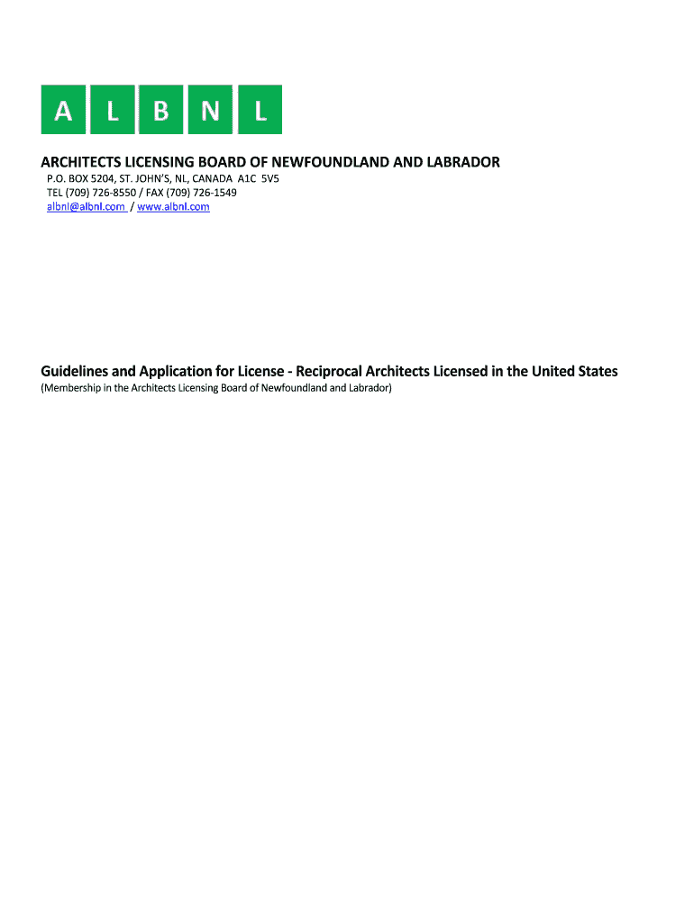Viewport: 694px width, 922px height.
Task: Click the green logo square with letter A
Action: pos(64,110)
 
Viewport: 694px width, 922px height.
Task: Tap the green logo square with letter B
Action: pos(161,110)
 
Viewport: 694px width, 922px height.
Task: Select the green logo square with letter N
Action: pos(210,110)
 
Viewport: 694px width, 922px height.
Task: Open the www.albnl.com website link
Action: pos(173,207)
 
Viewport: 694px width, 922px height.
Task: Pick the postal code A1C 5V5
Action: pos(258,178)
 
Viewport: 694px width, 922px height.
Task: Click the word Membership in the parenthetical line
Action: pos(72,389)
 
